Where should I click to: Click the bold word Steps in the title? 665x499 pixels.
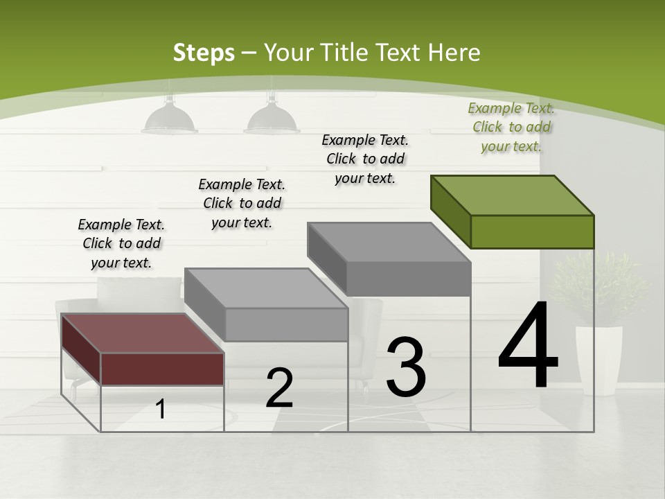click(204, 53)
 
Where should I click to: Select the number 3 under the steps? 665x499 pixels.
click(405, 367)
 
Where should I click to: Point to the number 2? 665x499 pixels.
click(279, 388)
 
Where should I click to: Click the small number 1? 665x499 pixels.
click(161, 409)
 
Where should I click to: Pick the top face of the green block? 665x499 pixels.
click(513, 195)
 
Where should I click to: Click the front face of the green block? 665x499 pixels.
click(532, 231)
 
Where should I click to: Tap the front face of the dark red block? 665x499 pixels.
click(162, 368)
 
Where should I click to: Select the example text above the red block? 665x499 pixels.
click(121, 243)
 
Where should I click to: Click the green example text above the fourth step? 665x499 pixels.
click(511, 127)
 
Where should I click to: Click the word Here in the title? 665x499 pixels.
click(454, 53)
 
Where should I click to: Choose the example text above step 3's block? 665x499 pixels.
click(365, 159)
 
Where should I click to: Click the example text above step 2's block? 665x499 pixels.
click(242, 203)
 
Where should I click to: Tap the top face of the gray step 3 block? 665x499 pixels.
click(388, 243)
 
